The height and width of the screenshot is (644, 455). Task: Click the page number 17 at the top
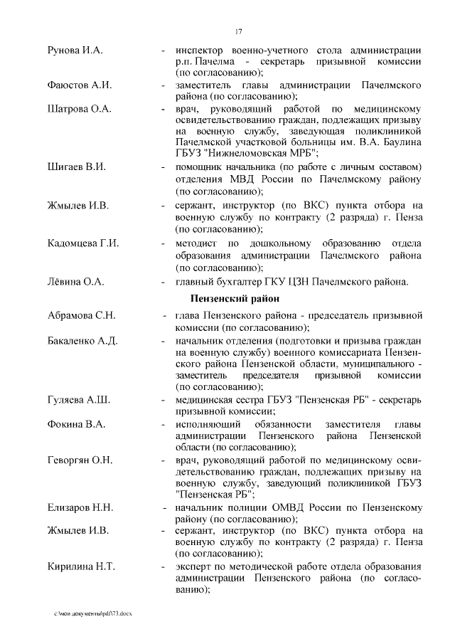(x=238, y=30)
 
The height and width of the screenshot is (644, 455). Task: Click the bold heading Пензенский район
(x=235, y=298)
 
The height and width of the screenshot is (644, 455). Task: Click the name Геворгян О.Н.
(x=80, y=460)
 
